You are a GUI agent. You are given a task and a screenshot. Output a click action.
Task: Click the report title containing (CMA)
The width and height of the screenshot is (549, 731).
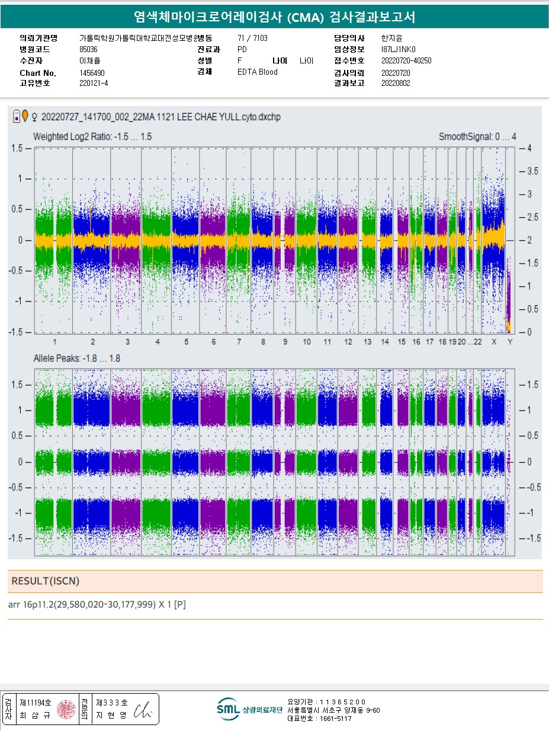[x=274, y=18]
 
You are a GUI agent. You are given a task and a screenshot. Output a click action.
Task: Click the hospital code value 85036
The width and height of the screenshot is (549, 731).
[x=88, y=49]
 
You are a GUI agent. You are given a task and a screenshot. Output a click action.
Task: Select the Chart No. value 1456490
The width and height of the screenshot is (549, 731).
[x=92, y=73]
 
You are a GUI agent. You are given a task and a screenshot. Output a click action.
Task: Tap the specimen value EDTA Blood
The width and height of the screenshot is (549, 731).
[x=257, y=72]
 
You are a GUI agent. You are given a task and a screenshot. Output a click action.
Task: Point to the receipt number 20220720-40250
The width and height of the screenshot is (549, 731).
[x=406, y=60]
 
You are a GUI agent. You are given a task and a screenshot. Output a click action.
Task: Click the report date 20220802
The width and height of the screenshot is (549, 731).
[x=396, y=84]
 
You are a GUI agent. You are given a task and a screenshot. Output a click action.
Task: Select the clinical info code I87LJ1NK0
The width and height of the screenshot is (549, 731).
[x=399, y=49]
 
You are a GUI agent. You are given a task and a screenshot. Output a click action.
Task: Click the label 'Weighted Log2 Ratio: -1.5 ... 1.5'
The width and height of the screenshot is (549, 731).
[x=92, y=137]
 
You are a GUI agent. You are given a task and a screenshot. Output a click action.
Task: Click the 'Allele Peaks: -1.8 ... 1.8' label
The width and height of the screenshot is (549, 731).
[x=77, y=359]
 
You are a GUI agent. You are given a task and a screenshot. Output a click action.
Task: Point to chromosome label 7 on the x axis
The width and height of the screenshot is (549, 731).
[x=239, y=342]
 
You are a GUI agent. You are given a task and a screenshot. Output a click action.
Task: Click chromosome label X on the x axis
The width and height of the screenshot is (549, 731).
[x=494, y=342]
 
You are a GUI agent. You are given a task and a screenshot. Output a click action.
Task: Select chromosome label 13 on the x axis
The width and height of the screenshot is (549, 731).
[x=368, y=342]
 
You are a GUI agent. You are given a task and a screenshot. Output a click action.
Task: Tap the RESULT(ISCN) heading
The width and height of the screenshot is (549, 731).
[x=45, y=582]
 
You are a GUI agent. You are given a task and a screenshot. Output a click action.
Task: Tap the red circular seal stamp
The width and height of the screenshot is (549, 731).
[x=66, y=709]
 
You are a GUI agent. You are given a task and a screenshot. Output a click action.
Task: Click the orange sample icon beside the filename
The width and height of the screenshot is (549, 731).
[x=25, y=117]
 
